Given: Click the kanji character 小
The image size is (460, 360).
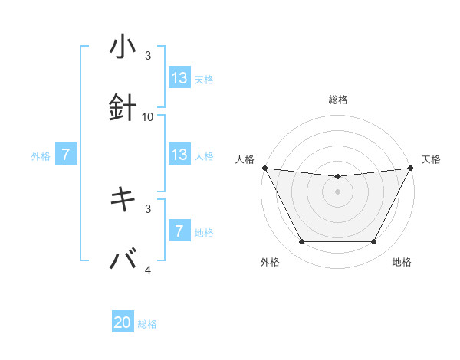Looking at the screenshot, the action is pyautogui.click(x=123, y=47).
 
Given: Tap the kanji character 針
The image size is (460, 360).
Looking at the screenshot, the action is pyautogui.click(x=123, y=108).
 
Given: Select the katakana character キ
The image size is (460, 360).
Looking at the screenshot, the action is pyautogui.click(x=123, y=200).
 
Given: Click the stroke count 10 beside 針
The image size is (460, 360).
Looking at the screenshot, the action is pyautogui.click(x=148, y=116).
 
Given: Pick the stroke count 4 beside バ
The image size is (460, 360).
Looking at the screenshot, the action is pyautogui.click(x=148, y=270).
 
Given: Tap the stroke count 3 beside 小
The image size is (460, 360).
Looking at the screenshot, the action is pyautogui.click(x=148, y=56).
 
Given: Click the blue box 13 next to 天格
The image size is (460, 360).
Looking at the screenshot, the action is pyautogui.click(x=179, y=78).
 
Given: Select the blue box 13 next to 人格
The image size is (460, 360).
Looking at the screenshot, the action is pyautogui.click(x=179, y=155).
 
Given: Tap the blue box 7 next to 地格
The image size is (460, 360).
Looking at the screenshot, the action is pyautogui.click(x=179, y=231).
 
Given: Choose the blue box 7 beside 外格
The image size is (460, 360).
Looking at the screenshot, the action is pyautogui.click(x=66, y=155).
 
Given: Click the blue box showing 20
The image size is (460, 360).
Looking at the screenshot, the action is pyautogui.click(x=123, y=323).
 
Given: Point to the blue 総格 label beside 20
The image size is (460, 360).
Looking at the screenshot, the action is pyautogui.click(x=147, y=324).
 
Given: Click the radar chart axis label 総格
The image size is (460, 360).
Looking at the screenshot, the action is pyautogui.click(x=337, y=100).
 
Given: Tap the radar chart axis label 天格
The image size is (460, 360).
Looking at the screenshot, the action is pyautogui.click(x=432, y=159).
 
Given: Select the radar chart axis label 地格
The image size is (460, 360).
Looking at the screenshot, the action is pyautogui.click(x=402, y=263).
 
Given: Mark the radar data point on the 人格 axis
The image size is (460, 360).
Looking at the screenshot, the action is pyautogui.click(x=264, y=168).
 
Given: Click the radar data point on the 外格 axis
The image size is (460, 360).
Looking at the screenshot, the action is pyautogui.click(x=301, y=242).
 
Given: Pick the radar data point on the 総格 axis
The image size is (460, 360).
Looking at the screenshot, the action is pyautogui.click(x=337, y=177).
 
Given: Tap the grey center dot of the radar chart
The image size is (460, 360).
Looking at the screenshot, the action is pyautogui.click(x=337, y=191).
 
